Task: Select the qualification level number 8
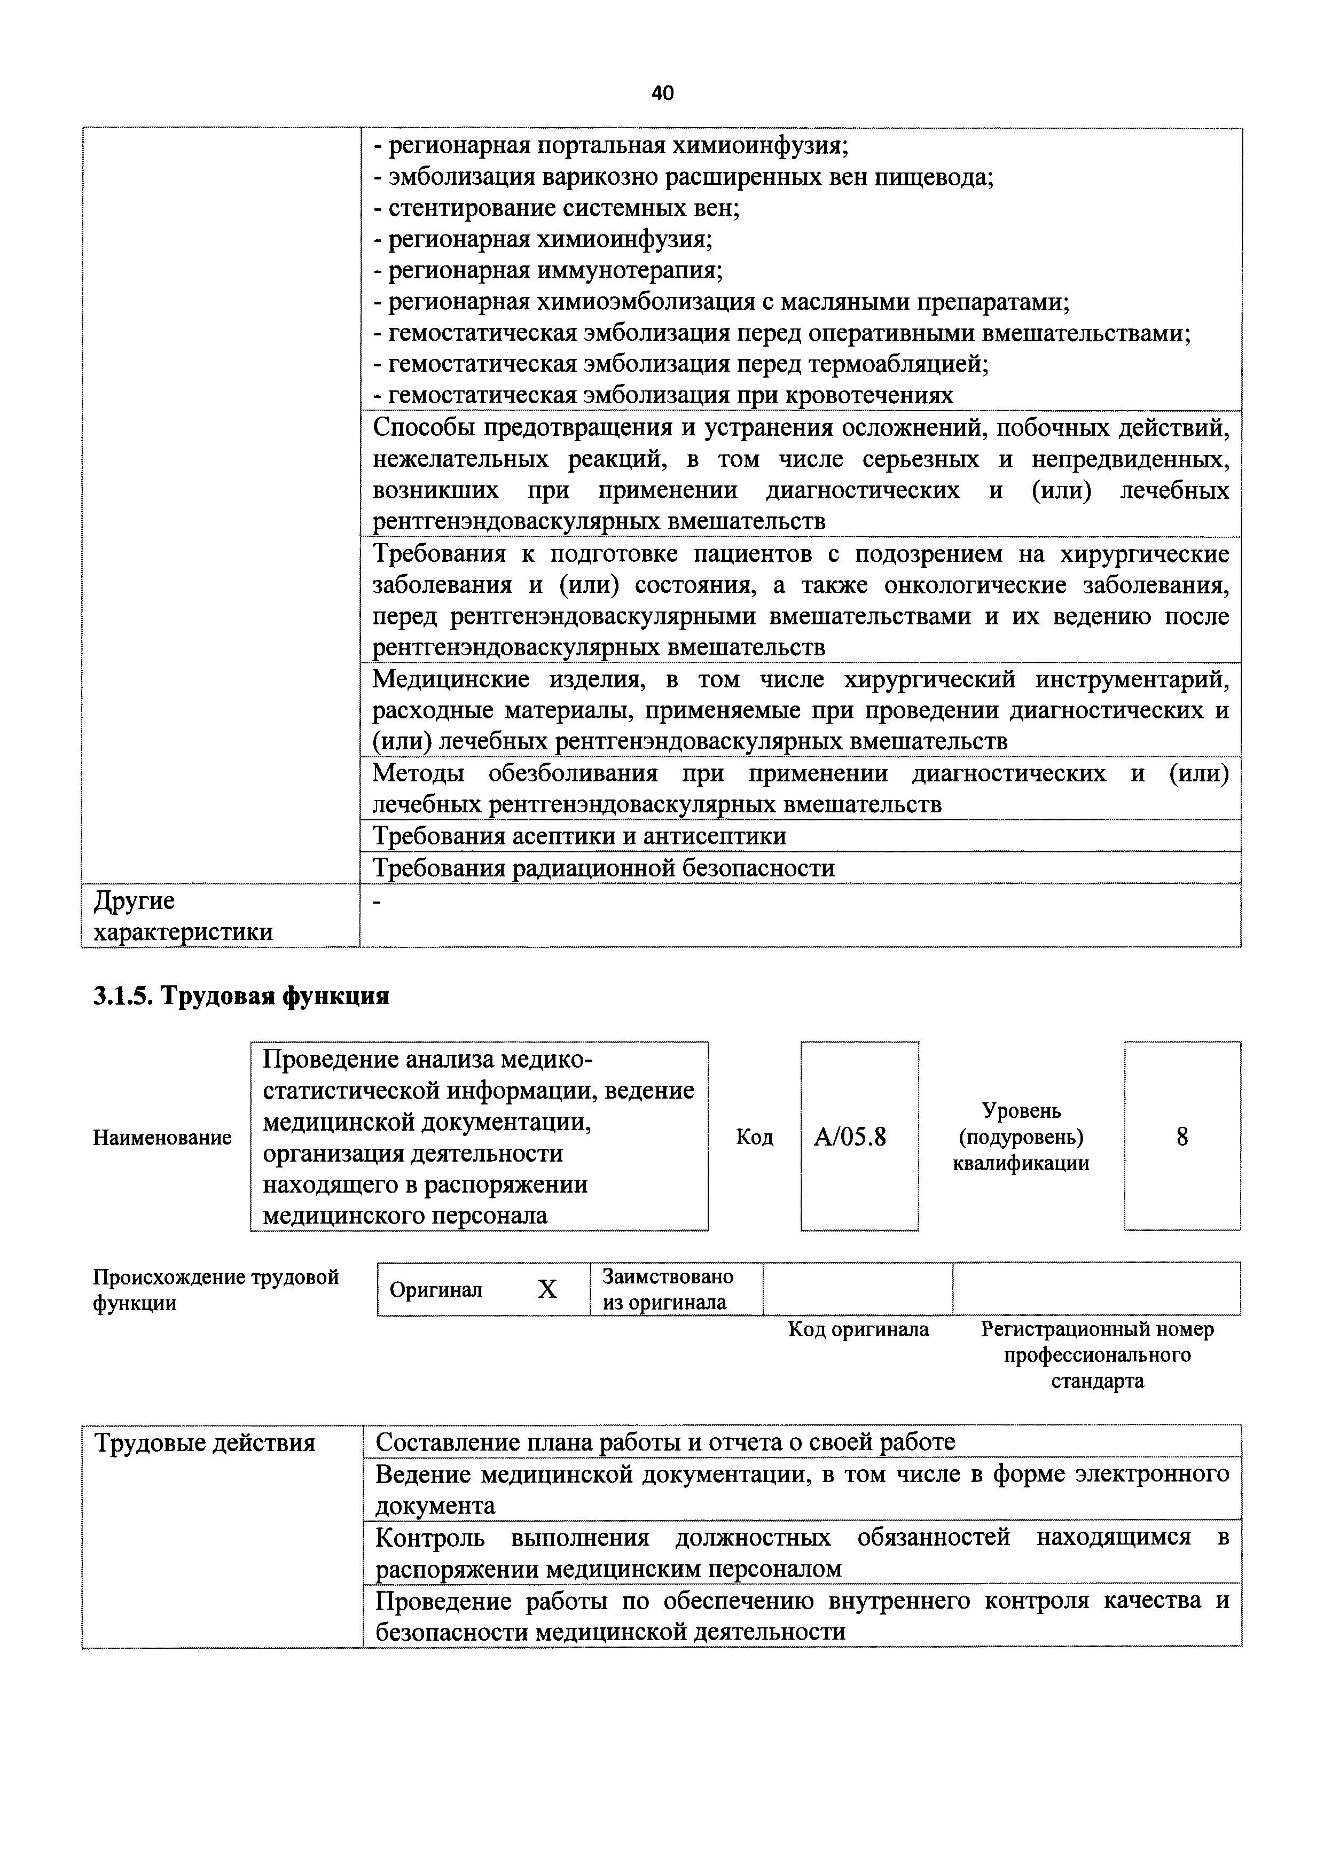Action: tap(1182, 1137)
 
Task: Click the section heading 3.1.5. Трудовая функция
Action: tap(241, 996)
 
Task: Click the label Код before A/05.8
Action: tap(755, 1137)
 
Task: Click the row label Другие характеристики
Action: tap(184, 916)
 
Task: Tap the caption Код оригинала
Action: tap(858, 1330)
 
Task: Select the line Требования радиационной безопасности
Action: tap(604, 868)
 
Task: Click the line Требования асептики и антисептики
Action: tap(579, 836)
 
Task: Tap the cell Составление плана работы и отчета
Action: tap(665, 1443)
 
